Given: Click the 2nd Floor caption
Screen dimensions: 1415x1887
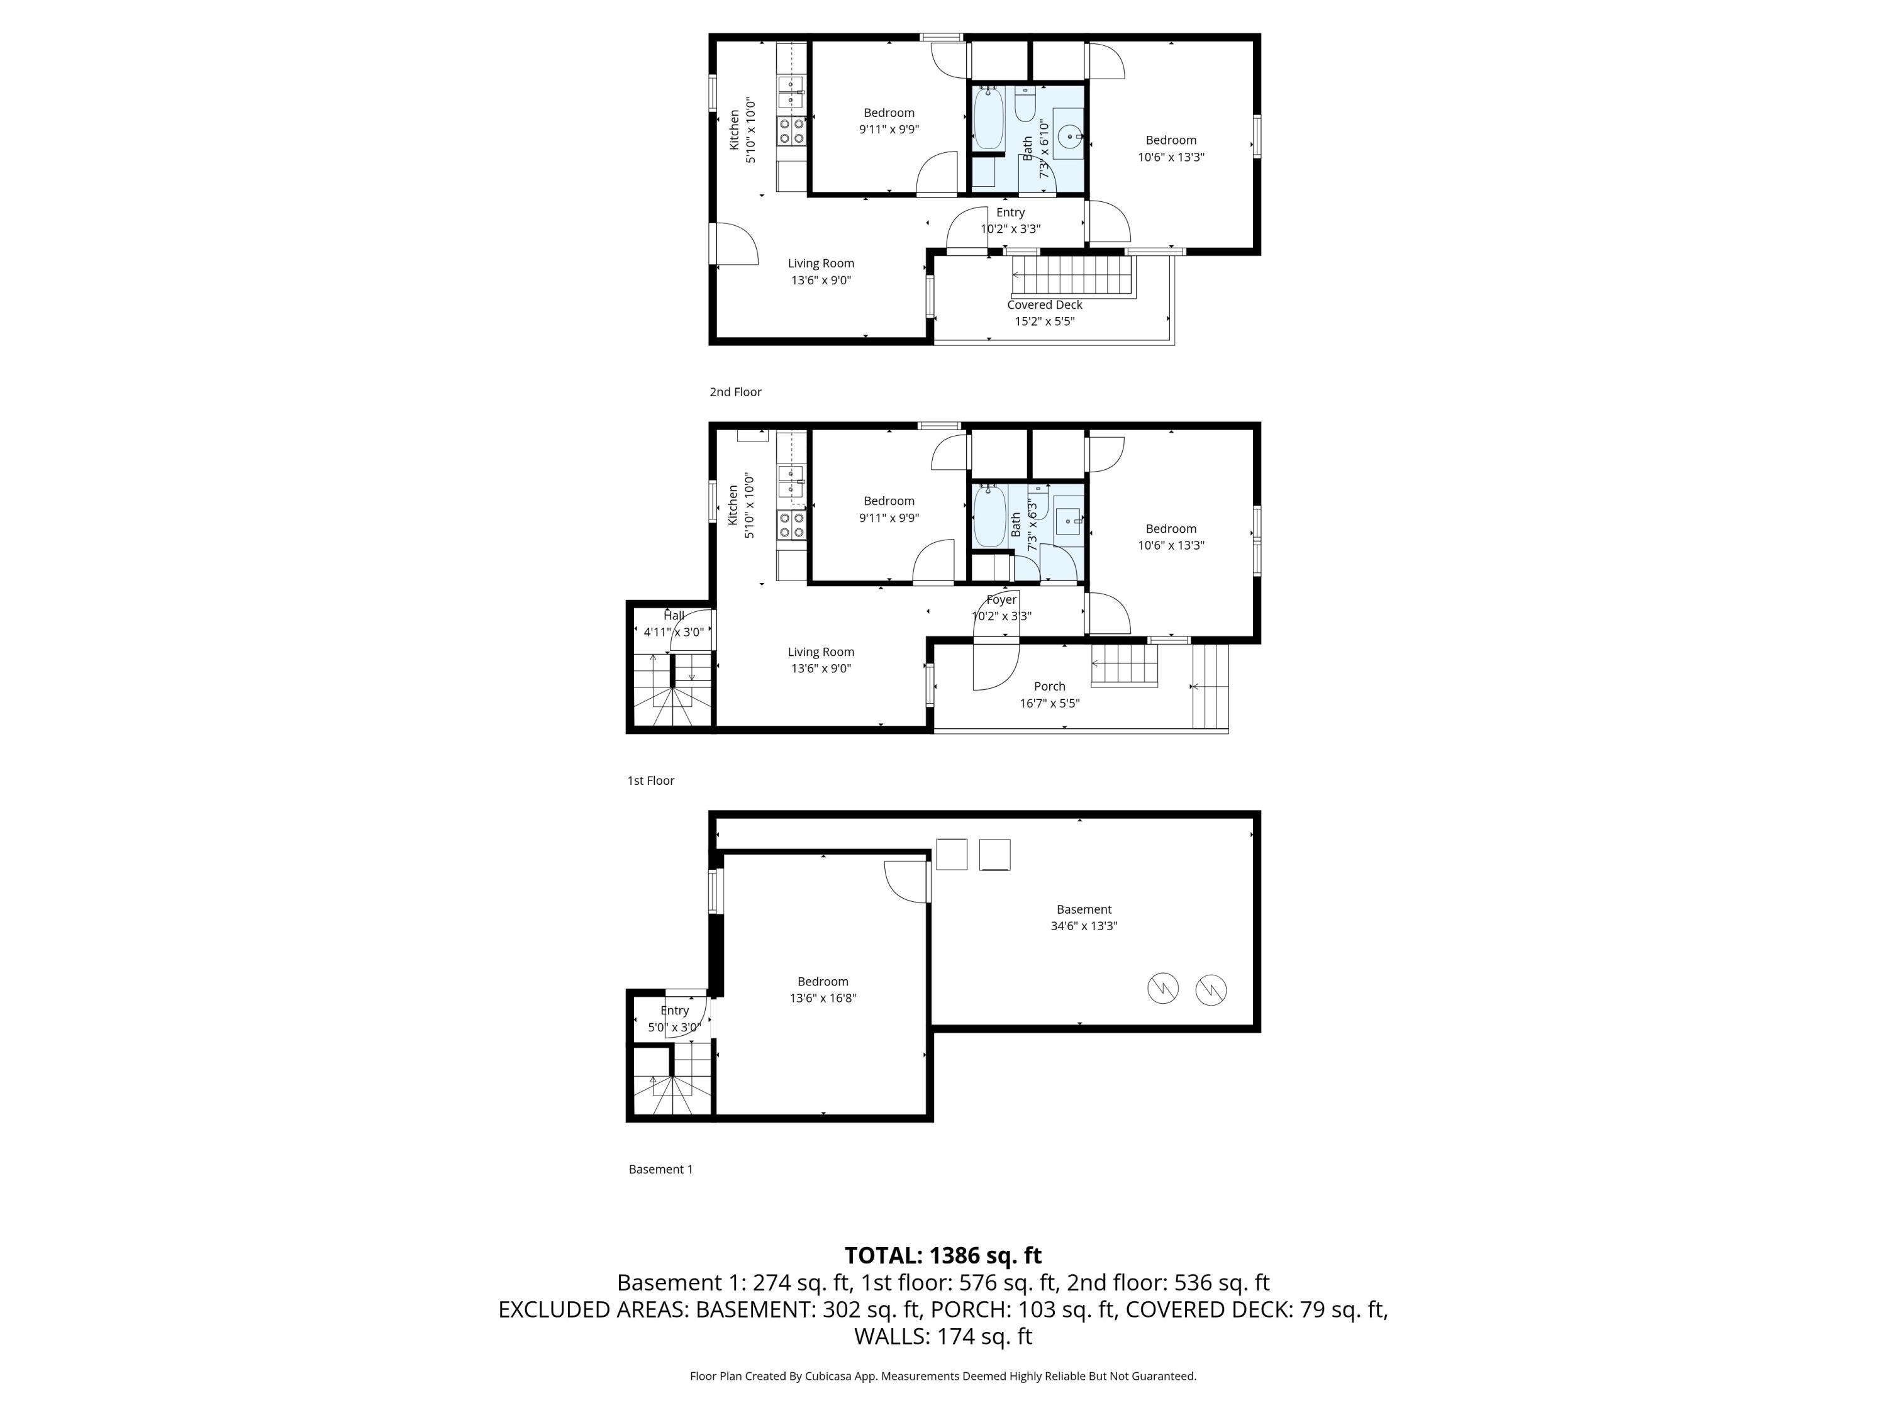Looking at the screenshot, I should click(735, 392).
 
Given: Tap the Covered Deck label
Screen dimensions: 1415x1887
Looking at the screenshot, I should click(1044, 304).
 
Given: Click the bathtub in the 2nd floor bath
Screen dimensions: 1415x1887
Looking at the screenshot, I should click(988, 119).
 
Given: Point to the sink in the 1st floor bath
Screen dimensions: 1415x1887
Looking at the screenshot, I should click(1067, 520).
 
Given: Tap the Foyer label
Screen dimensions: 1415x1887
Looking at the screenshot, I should click(1001, 599).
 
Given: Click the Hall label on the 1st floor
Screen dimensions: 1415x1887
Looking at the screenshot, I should click(674, 616).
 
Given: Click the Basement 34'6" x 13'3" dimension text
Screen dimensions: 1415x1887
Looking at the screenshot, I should click(1083, 926).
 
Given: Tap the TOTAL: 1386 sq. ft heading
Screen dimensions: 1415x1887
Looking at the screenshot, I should click(943, 1255).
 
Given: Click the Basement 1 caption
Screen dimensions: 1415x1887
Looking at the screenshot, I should click(660, 1169).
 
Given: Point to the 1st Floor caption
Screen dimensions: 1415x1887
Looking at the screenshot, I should click(651, 780).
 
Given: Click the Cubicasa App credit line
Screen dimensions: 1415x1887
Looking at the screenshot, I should click(943, 1376).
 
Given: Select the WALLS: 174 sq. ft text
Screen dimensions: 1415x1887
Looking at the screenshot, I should click(943, 1336).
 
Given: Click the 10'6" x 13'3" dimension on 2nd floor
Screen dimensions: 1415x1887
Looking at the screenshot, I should click(1171, 157).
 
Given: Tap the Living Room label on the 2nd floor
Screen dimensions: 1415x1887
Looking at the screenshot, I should click(821, 264).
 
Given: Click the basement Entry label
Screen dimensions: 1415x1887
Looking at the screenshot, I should click(674, 1011).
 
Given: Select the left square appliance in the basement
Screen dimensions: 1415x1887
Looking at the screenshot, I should click(951, 855).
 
